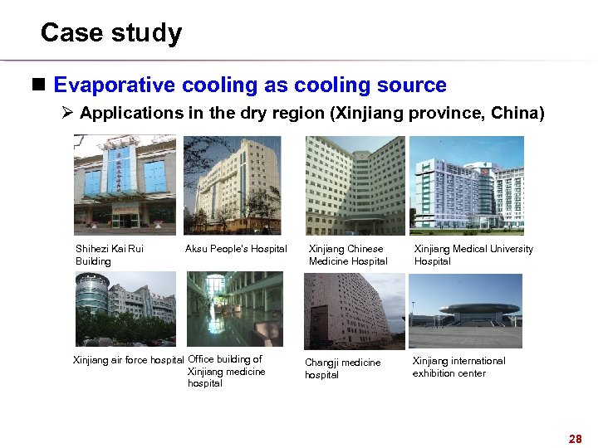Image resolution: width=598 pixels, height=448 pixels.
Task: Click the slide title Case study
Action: pyautogui.click(x=110, y=33)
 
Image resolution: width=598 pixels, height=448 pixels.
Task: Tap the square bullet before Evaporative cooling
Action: pyautogui.click(x=42, y=85)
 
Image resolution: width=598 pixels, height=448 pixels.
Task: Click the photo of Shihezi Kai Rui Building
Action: pyautogui.click(x=125, y=184)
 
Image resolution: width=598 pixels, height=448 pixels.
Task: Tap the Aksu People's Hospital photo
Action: pyautogui.click(x=232, y=184)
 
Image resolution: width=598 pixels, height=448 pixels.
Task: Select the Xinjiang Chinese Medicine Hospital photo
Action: pyautogui.click(x=355, y=184)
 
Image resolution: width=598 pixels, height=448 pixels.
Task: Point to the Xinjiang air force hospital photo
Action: pyautogui.click(x=125, y=309)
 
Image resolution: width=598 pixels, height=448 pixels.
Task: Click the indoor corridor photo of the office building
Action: pyautogui.click(x=234, y=309)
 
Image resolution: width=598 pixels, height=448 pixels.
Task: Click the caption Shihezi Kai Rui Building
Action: pyautogui.click(x=110, y=255)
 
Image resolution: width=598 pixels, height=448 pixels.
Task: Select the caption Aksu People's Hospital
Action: pyautogui.click(x=236, y=249)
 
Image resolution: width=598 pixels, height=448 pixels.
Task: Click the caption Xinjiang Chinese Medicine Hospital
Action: pyautogui.click(x=348, y=255)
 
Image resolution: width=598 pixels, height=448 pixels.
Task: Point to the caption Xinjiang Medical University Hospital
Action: pyautogui.click(x=473, y=255)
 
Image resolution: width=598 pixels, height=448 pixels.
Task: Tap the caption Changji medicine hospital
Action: pyautogui.click(x=342, y=368)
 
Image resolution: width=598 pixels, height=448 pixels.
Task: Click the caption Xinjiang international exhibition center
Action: pyautogui.click(x=458, y=367)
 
